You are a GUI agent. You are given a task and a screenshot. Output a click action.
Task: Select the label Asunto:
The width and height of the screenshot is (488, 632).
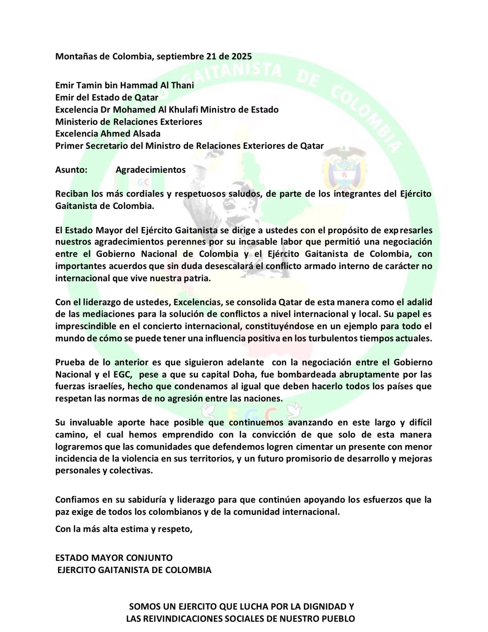coord(71,170)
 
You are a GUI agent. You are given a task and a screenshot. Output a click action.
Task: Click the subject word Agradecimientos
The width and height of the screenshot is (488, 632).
coord(151,170)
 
